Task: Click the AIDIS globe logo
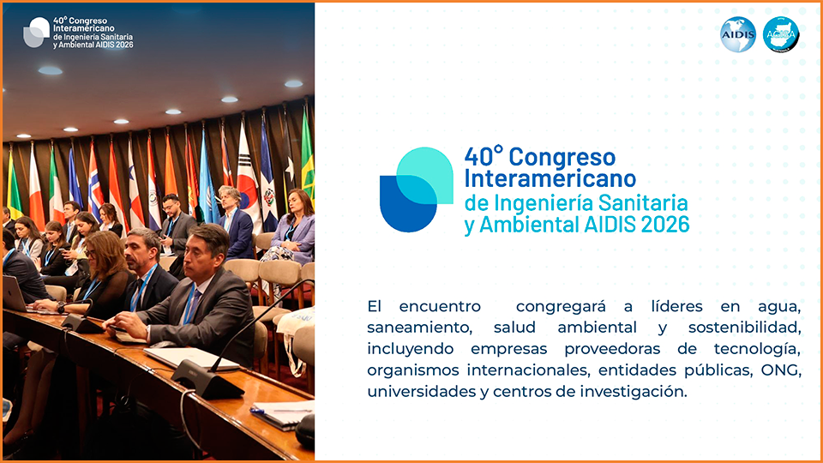pos(737,34)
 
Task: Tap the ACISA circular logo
pos(781,34)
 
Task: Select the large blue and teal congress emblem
pos(417,189)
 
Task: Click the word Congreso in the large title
pos(562,157)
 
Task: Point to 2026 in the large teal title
pos(665,224)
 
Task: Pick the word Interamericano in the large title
pos(550,178)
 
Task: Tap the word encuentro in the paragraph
pos(439,307)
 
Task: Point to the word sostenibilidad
pos(745,328)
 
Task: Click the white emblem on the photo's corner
pos(36,33)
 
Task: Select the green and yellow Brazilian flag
pos(308,158)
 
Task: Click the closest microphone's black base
pos(207,380)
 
